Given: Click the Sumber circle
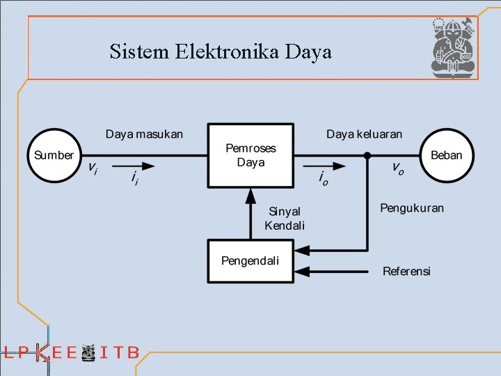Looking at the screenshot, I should pyautogui.click(x=54, y=155).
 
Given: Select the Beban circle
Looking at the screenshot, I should pyautogui.click(x=446, y=155).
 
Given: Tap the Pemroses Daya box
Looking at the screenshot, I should pyautogui.click(x=250, y=155).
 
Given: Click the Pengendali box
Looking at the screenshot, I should pyautogui.click(x=250, y=261).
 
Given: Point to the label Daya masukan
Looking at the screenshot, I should pyautogui.click(x=144, y=134).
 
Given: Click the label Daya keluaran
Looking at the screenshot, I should pyautogui.click(x=364, y=134).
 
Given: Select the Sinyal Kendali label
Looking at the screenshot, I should pyautogui.click(x=285, y=218).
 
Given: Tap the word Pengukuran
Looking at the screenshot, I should pyautogui.click(x=411, y=207).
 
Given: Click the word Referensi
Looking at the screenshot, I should pyautogui.click(x=406, y=271).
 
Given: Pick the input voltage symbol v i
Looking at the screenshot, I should pyautogui.click(x=92, y=169).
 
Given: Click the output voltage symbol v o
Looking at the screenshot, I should pyautogui.click(x=397, y=169).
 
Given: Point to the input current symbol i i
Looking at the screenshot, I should pyautogui.click(x=134, y=179).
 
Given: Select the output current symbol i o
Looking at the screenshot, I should pyautogui.click(x=323, y=179).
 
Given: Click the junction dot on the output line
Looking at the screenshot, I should pyautogui.click(x=367, y=155).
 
